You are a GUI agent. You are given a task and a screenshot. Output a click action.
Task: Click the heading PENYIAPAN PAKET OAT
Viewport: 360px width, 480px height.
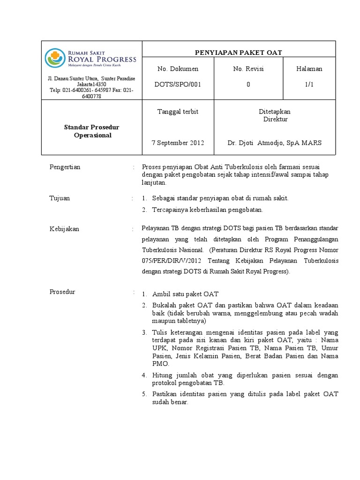click(239, 52)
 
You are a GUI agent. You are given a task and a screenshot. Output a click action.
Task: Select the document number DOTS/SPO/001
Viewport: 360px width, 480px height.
click(178, 84)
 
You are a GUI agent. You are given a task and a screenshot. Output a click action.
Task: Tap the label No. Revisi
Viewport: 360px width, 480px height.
click(248, 69)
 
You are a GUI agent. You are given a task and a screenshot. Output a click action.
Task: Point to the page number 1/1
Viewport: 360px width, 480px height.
click(309, 84)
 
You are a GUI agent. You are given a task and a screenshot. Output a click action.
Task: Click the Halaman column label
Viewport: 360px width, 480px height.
click(309, 69)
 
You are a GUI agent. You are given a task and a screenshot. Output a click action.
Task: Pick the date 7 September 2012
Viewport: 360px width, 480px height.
click(178, 142)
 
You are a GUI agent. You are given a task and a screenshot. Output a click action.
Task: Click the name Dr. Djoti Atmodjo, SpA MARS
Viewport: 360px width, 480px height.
click(274, 142)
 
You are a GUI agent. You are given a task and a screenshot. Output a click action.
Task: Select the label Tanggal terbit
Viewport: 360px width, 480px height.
click(178, 112)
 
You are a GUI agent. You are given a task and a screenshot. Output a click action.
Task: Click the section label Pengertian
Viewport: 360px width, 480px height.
click(65, 167)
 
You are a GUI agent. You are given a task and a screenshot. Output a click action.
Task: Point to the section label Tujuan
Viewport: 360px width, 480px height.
click(60, 198)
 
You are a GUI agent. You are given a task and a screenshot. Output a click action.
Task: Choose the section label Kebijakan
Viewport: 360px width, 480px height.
click(64, 229)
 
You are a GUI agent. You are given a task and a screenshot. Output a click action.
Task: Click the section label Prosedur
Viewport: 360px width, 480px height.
click(62, 292)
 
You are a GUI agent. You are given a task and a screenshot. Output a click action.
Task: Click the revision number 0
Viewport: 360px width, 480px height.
click(248, 84)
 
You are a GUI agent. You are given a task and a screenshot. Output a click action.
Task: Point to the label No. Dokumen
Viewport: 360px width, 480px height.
click(178, 69)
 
